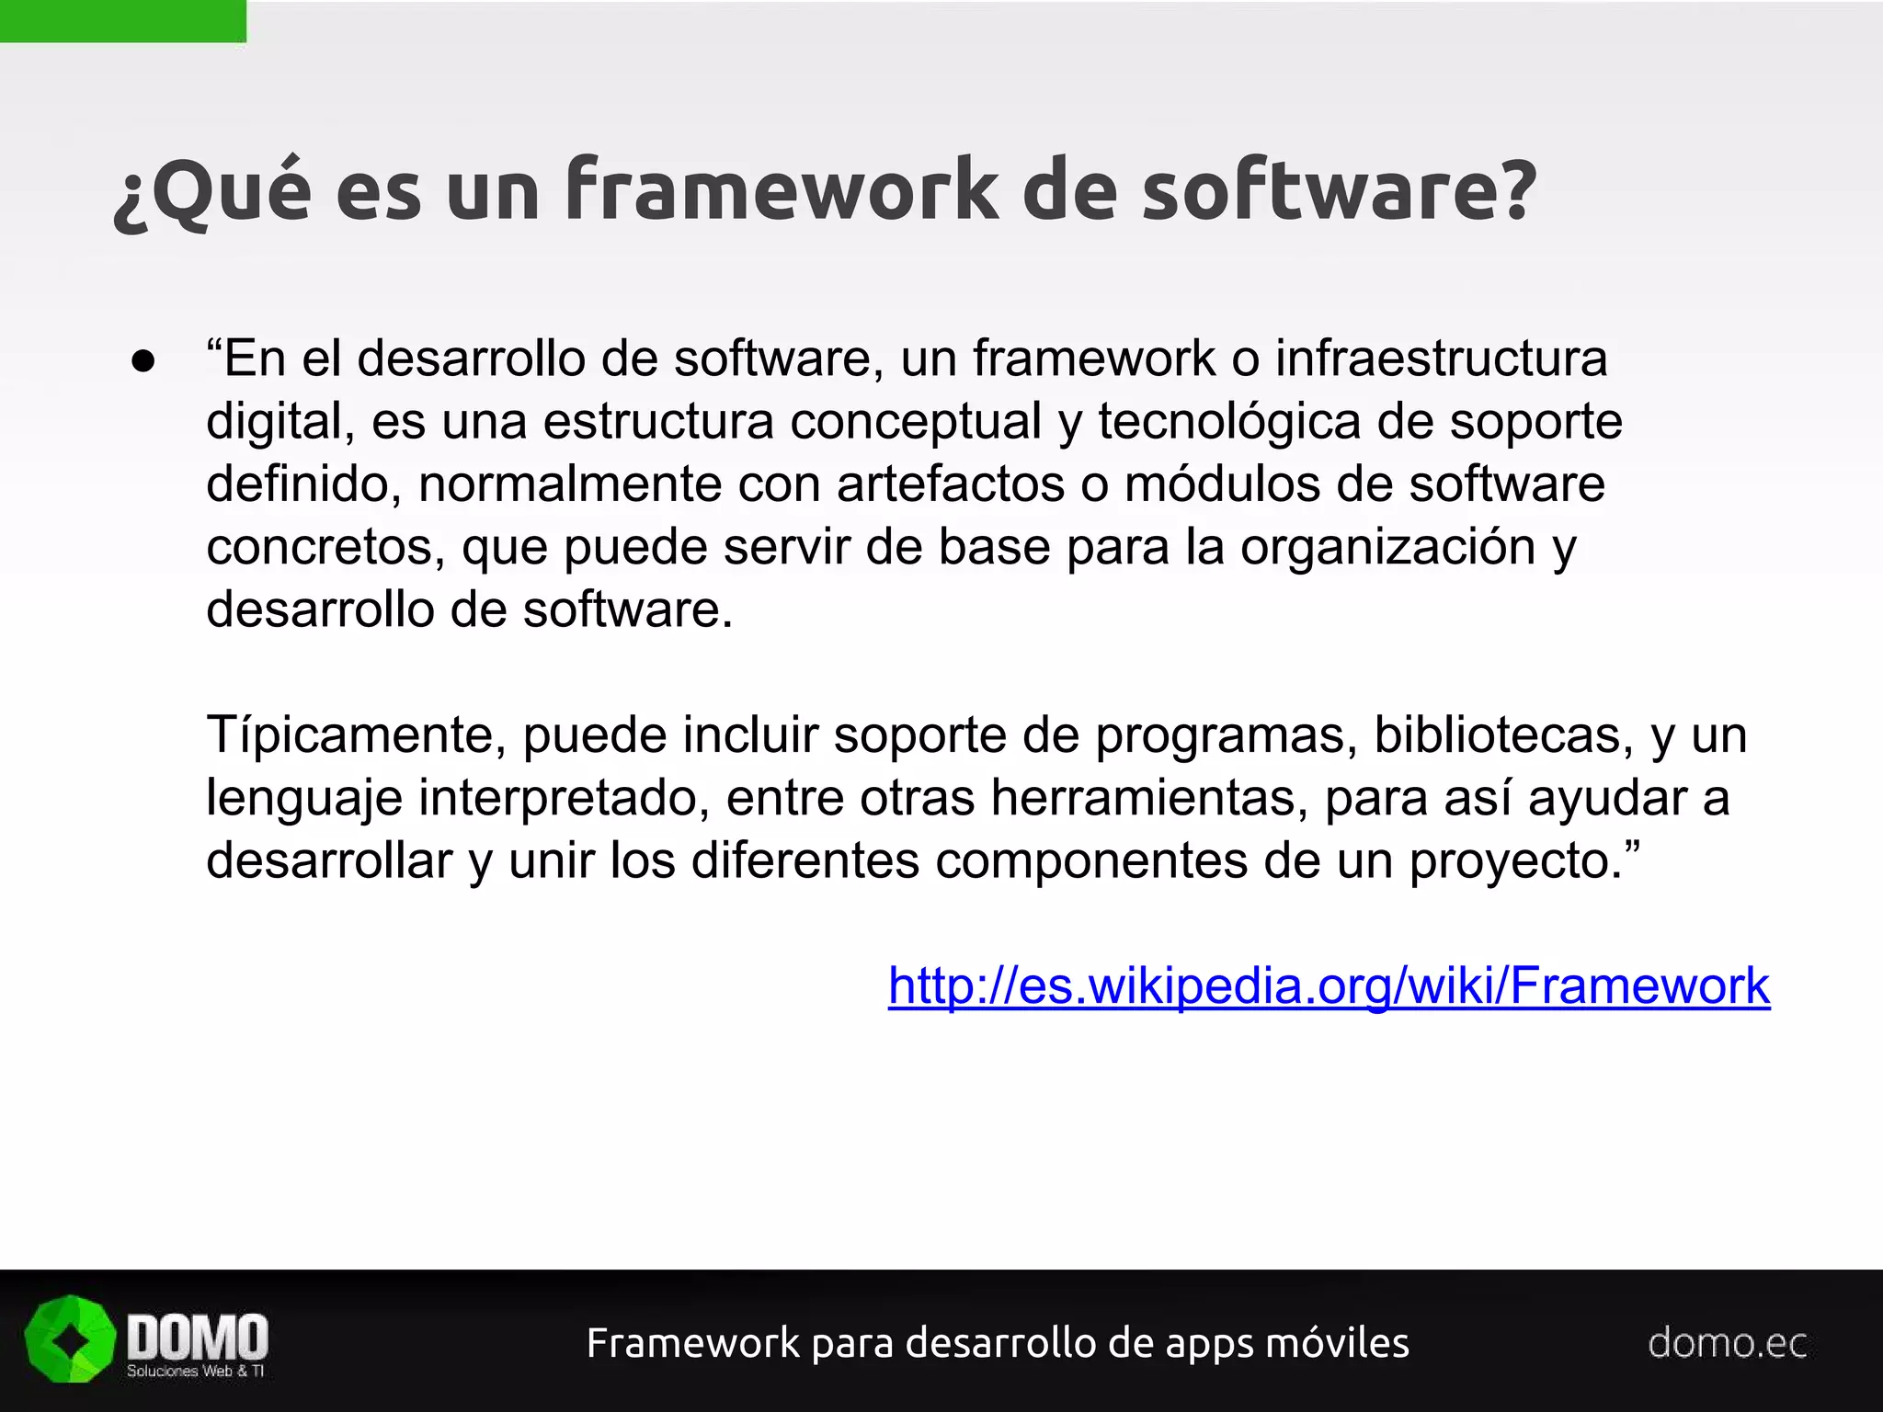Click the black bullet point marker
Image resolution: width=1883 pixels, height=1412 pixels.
143,361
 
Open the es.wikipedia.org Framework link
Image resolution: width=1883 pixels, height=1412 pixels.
1329,985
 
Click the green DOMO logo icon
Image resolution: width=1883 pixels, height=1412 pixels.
70,1339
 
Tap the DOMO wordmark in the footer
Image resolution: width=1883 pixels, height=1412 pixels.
197,1337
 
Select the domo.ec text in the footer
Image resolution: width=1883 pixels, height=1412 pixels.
1727,1343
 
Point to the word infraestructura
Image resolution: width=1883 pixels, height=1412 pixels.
1441,359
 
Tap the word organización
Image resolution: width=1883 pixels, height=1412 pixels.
1387,547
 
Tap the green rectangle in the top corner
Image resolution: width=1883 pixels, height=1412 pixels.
122,20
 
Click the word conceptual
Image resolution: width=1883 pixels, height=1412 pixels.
915,422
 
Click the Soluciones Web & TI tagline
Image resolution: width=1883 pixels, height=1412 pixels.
195,1372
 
